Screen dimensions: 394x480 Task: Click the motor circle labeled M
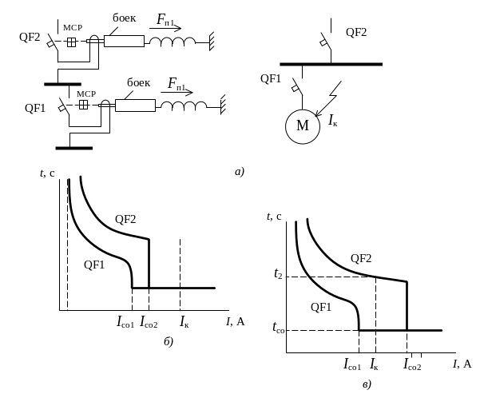(302, 125)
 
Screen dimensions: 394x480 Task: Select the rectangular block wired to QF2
(124, 40)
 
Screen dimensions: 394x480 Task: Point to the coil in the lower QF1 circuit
(183, 105)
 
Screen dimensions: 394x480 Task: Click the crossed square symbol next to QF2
(71, 43)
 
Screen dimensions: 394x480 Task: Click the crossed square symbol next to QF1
(84, 105)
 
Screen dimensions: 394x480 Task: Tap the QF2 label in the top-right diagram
(356, 32)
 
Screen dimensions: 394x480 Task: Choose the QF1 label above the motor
(272, 78)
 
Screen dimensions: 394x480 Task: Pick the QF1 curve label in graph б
(95, 265)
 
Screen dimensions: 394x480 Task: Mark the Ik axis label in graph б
(184, 324)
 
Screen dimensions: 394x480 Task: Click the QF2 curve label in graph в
(361, 257)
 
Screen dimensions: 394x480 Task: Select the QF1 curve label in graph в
(320, 308)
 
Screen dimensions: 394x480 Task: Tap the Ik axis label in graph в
(375, 364)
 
